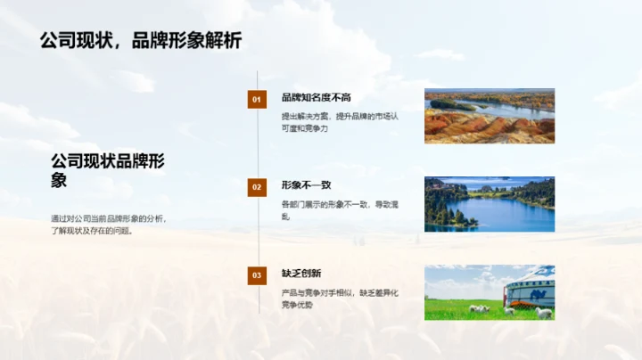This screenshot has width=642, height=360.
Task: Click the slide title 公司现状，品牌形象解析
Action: (141, 40)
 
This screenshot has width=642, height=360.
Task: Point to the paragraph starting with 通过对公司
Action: (109, 225)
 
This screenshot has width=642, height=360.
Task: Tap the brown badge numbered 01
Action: (257, 100)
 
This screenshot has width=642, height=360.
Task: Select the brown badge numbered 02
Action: (257, 187)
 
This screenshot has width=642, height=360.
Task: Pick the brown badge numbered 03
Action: (257, 275)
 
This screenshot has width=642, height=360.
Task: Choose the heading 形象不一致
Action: (306, 184)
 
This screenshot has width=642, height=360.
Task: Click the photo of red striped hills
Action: (490, 116)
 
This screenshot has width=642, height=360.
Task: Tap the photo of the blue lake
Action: (490, 204)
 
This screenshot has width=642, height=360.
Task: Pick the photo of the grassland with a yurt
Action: (490, 292)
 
